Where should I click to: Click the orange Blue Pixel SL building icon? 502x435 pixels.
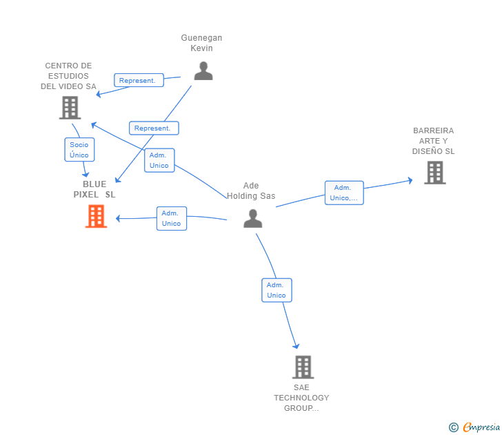click(x=96, y=216)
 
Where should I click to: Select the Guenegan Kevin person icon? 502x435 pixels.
click(x=203, y=70)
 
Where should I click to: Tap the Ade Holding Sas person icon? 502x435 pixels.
click(x=253, y=218)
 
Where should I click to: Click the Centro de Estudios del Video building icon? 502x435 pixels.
click(x=70, y=108)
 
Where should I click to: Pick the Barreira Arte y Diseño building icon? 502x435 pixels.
click(x=434, y=173)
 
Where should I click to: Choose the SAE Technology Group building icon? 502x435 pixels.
click(x=303, y=367)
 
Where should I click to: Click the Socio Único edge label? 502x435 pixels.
click(x=79, y=150)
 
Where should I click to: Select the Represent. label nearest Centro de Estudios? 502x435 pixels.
click(x=139, y=81)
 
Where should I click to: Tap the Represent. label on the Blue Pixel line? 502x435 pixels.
click(x=154, y=128)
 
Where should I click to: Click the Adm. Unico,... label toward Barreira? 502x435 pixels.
click(x=343, y=193)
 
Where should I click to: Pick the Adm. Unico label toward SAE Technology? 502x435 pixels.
click(x=277, y=290)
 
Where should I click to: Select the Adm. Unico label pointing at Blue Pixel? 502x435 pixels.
click(x=171, y=218)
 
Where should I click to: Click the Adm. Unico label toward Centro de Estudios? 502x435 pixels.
click(x=159, y=160)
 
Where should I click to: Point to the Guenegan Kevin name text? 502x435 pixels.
click(x=201, y=43)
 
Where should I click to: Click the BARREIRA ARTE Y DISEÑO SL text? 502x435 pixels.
click(x=434, y=141)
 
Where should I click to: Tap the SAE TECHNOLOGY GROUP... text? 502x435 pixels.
click(x=301, y=398)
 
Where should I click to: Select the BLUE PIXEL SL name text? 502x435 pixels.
click(x=94, y=189)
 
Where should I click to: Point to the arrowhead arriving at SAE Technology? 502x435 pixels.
click(x=297, y=346)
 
